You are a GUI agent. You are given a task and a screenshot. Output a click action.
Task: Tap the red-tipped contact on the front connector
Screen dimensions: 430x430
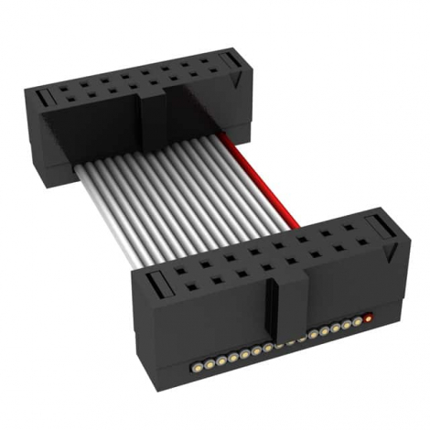(368, 318)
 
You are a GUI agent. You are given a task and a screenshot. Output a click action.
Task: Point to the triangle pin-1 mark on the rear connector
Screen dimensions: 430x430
(237, 81)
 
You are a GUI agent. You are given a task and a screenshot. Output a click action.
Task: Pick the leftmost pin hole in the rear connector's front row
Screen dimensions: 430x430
(66, 92)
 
